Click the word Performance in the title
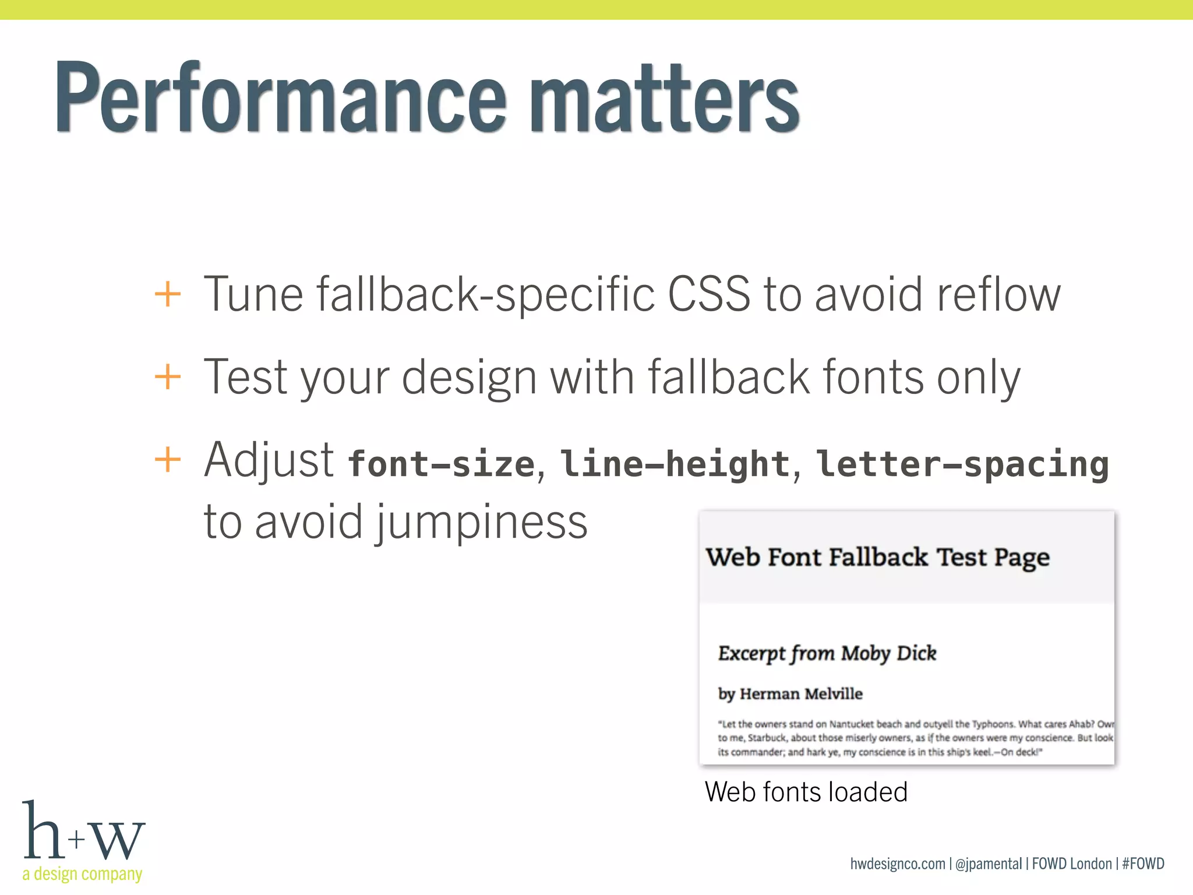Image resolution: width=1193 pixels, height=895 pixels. pyautogui.click(x=280, y=98)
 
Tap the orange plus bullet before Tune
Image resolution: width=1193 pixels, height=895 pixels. pyautogui.click(x=168, y=294)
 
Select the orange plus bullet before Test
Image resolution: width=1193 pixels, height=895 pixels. pyautogui.click(x=168, y=377)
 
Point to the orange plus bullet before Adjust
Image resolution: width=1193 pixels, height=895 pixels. pyautogui.click(x=168, y=460)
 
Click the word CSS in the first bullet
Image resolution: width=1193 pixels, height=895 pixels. pyautogui.click(x=709, y=294)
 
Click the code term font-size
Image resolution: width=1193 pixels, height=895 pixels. pyautogui.click(x=441, y=464)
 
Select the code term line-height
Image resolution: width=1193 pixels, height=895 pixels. pyautogui.click(x=675, y=464)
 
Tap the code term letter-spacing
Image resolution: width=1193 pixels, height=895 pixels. pyautogui.click(x=962, y=464)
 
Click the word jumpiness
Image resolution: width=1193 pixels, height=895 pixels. pyautogui.click(x=480, y=522)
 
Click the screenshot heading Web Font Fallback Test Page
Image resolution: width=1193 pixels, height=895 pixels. pyautogui.click(x=877, y=558)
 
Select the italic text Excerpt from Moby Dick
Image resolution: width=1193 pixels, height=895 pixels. pyautogui.click(x=827, y=654)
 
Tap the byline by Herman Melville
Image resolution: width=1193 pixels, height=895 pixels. pyautogui.click(x=790, y=694)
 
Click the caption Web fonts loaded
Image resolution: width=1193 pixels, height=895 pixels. pyautogui.click(x=806, y=792)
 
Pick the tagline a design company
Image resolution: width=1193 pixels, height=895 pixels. pyautogui.click(x=82, y=874)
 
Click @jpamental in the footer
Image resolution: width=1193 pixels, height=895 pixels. pyautogui.click(x=989, y=864)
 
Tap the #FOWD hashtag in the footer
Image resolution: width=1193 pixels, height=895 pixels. pyautogui.click(x=1143, y=864)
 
